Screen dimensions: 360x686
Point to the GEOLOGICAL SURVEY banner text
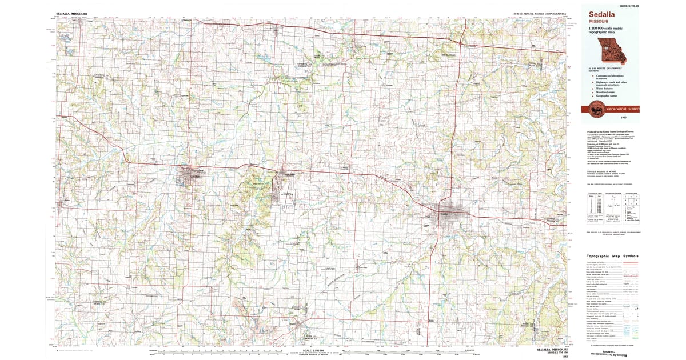tap(623, 109)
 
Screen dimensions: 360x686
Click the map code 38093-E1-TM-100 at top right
tap(628, 5)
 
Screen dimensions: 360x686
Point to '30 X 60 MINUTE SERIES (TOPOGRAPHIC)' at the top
tap(539, 12)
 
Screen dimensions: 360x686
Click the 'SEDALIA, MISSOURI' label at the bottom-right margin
tap(549, 349)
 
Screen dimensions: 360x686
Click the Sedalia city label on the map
tap(446, 214)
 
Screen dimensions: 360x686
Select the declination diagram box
tap(613, 203)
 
